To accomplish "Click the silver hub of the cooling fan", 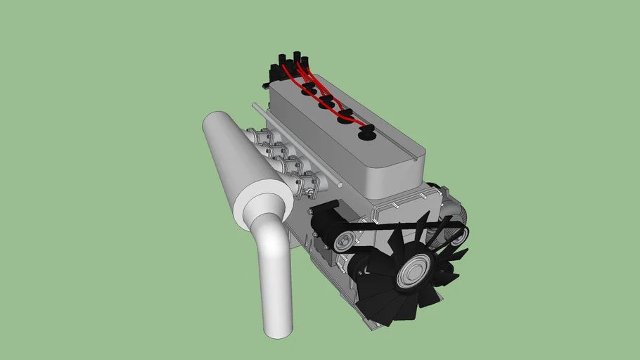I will click(x=414, y=271).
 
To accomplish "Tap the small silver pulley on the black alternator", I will click(x=343, y=243).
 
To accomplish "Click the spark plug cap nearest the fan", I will click(x=366, y=132).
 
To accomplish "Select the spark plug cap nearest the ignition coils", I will click(x=307, y=88).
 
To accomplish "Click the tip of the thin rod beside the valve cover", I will click(x=255, y=107).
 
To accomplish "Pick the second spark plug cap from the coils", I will click(x=326, y=103).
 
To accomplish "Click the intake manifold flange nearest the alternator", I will click(x=309, y=185).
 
